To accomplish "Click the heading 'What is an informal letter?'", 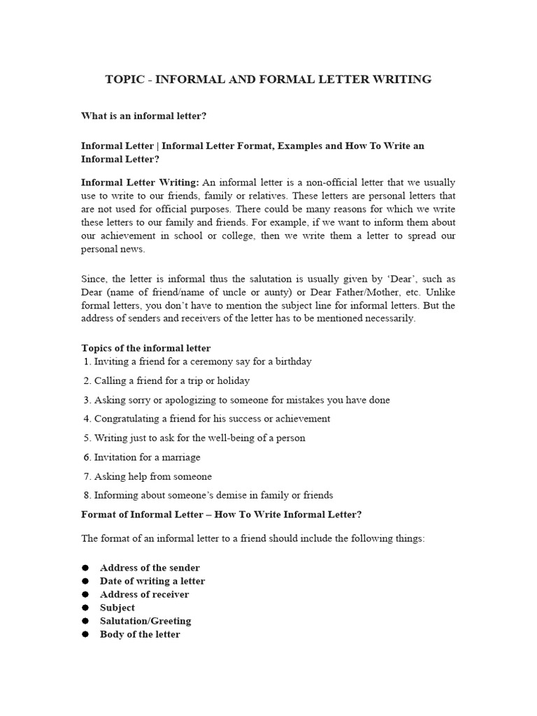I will pyautogui.click(x=143, y=115).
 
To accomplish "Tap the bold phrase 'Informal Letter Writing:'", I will pyautogui.click(x=140, y=182).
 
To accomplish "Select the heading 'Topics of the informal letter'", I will pyautogui.click(x=145, y=348).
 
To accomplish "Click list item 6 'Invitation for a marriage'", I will pyautogui.click(x=142, y=457).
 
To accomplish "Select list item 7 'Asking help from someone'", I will pyautogui.click(x=148, y=476).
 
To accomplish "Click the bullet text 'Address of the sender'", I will pyautogui.click(x=150, y=568).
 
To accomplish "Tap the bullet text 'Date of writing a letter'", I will pyautogui.click(x=152, y=581).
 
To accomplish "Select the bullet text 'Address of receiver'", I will pyautogui.click(x=144, y=594).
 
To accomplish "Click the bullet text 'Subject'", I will pyautogui.click(x=117, y=608).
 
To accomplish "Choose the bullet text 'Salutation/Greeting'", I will pyautogui.click(x=145, y=621).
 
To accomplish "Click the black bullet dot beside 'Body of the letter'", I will pyautogui.click(x=85, y=634).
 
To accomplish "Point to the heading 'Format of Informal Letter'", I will pyautogui.click(x=159, y=515).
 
